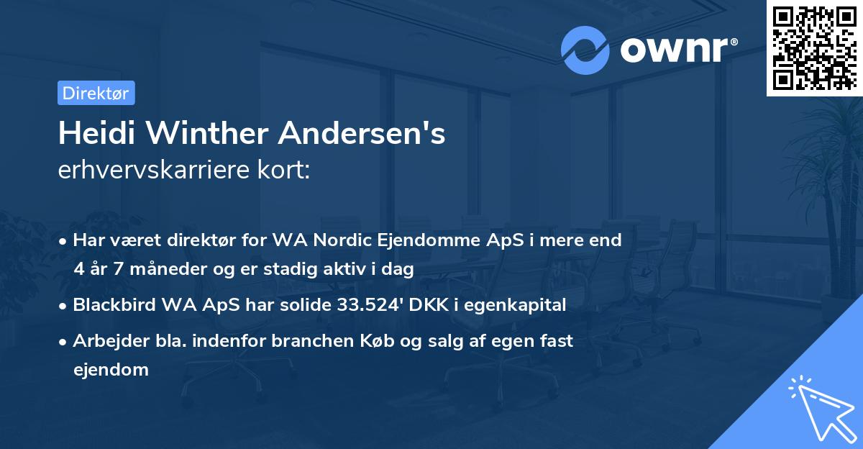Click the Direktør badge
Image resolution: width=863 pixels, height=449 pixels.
pos(96,93)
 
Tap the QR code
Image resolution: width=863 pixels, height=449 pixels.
pos(813,47)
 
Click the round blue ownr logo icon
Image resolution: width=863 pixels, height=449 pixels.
pos(585,50)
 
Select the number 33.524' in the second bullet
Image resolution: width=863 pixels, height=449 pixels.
pos(373,305)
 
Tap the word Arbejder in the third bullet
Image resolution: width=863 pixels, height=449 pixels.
pos(104,341)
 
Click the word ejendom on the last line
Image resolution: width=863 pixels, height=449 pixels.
pos(111,370)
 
